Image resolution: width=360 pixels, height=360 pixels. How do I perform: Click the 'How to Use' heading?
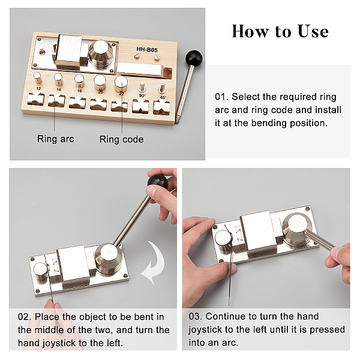pos(280,31)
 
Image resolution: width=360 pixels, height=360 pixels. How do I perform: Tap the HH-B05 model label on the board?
pos(147,49)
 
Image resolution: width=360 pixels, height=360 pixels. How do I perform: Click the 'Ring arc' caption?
pos(56,139)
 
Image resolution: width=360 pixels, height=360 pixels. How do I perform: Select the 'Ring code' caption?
pos(121,139)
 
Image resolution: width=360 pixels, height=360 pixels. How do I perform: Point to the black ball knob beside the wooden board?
pos(194,58)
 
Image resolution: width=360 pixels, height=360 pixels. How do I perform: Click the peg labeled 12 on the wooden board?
pos(38,78)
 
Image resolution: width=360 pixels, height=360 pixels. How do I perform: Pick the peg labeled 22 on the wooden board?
pos(121,84)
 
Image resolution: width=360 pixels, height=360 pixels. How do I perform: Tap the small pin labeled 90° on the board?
pos(142,87)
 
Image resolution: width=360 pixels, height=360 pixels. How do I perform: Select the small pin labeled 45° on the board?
pos(163,88)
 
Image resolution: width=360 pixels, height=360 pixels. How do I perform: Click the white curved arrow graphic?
pos(154,262)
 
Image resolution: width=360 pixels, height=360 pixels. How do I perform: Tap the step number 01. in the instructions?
pos(221,97)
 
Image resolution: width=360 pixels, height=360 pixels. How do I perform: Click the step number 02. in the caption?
pos(25,317)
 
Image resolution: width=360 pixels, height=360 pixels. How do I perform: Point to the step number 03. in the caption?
pos(196,316)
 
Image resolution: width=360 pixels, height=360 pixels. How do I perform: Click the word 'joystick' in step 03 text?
pos(205,330)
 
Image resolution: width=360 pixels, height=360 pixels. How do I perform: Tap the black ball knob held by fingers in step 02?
pos(157,181)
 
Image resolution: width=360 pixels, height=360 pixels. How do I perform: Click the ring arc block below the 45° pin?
pos(161,107)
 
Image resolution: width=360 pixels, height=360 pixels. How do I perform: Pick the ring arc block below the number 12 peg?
pos(35,99)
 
